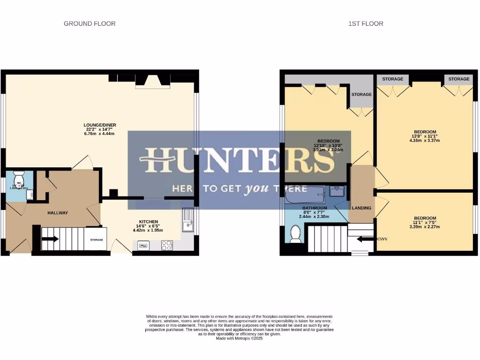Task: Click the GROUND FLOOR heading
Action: [x=90, y=23]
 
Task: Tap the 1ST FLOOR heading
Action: [x=366, y=23]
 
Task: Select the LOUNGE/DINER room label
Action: [x=100, y=125]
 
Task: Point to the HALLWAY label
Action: [x=58, y=213]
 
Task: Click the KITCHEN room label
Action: [x=148, y=221]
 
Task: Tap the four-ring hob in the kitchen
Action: [x=167, y=245]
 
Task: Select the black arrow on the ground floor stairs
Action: [x=50, y=239]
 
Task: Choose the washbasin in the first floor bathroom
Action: [x=337, y=191]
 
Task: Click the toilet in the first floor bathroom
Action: [x=295, y=233]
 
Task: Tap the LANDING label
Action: [x=361, y=208]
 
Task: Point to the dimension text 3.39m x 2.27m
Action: [x=425, y=226]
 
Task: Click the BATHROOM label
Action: [x=314, y=208]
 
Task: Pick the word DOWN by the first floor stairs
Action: [x=382, y=239]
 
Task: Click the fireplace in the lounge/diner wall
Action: [x=152, y=81]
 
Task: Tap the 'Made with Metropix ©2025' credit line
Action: [x=239, y=338]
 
